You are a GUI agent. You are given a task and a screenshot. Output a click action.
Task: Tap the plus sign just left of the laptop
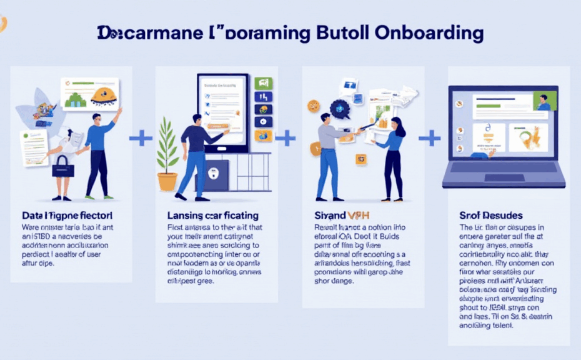coord(429,137)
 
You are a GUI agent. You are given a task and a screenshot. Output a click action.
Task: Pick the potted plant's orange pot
coord(167,181)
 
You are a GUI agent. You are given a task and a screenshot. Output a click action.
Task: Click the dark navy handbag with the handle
coord(62,167)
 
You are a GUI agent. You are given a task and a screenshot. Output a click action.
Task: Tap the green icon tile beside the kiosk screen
coord(263,83)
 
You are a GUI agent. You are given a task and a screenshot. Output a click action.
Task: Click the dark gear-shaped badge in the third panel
coord(340,107)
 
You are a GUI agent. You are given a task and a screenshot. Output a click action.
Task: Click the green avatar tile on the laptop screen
coord(544,102)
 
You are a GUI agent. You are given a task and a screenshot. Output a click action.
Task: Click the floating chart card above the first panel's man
coord(90,94)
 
